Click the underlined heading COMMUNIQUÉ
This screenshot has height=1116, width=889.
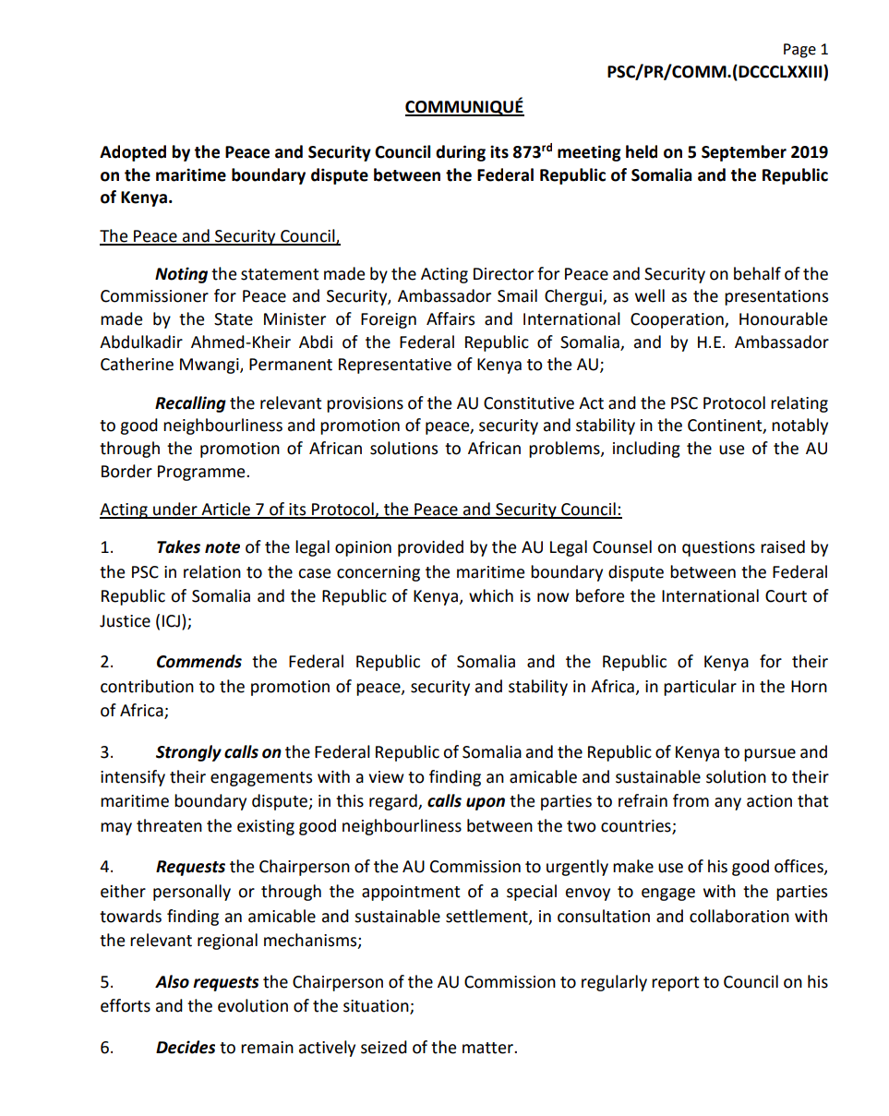click(464, 107)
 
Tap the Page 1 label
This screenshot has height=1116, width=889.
click(805, 50)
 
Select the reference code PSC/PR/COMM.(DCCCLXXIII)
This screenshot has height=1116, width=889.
click(716, 71)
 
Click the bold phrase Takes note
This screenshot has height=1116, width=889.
click(198, 548)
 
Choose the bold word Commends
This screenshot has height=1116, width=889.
click(198, 663)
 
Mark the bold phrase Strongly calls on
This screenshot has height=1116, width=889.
click(218, 753)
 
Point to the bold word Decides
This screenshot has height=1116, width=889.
click(186, 1050)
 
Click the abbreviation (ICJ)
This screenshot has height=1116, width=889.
click(171, 620)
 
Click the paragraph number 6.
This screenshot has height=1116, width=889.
click(105, 1050)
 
